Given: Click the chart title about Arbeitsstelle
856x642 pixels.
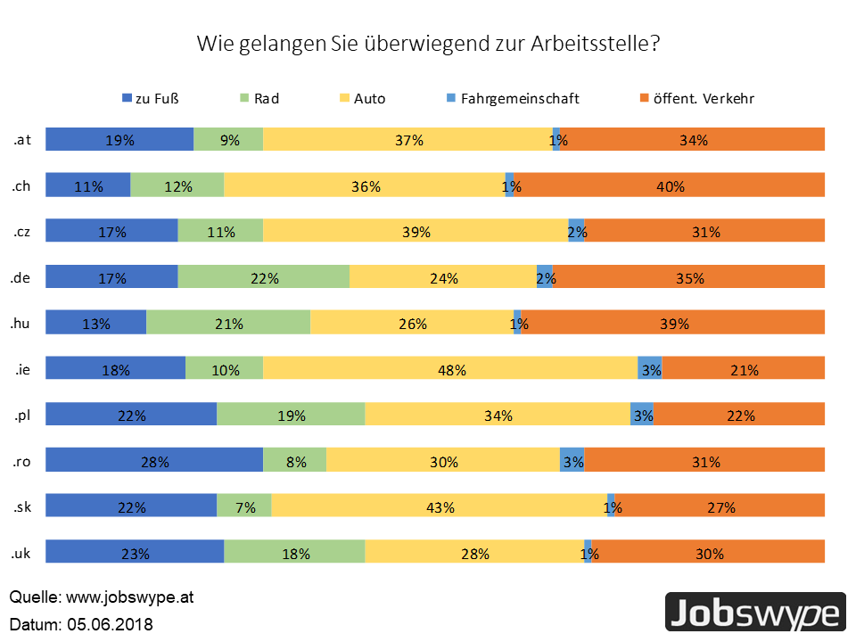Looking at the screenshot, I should tap(428, 44).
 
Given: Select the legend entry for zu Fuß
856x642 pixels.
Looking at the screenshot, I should tap(156, 98).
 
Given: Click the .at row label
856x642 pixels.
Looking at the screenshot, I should tap(21, 139).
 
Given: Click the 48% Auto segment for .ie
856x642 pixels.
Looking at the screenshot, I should tap(450, 370).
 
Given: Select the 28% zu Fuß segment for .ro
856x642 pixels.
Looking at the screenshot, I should tap(154, 462).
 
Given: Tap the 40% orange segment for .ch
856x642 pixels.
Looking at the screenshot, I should tap(669, 185).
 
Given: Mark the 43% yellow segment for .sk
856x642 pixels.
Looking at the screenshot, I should tap(440, 508).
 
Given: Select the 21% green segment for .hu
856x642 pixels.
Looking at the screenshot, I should tap(228, 324).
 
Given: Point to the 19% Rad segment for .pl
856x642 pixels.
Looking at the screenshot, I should tap(291, 416).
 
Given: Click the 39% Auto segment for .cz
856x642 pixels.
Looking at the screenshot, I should tap(416, 232).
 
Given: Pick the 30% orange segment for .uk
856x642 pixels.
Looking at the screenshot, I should tap(709, 554).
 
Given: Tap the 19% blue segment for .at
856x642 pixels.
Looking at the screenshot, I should tap(119, 140).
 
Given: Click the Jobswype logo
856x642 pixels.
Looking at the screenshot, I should tap(755, 614).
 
